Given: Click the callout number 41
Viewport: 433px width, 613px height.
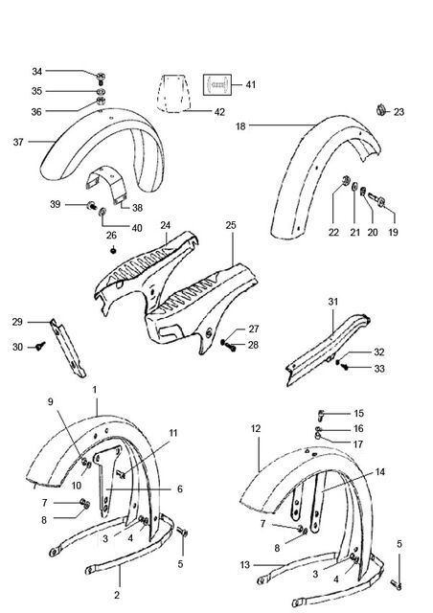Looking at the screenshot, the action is pos(251,85).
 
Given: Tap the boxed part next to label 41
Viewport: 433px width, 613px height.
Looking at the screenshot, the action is pos(217,84).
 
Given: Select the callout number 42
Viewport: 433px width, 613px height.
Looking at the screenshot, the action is pos(219,112).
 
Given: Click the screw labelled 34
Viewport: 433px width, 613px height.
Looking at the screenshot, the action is pos(101,79).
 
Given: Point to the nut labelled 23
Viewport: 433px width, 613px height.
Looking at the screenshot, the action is pos(381,110).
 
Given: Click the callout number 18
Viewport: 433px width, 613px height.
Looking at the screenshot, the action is pos(240,126).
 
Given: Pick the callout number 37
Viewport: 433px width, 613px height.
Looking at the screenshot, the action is pos(18,142).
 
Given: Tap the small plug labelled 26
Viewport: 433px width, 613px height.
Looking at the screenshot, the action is pos(113,251).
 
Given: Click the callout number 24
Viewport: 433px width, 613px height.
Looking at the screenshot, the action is pos(166,226).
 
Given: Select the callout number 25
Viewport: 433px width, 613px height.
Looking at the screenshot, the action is pos(231,225).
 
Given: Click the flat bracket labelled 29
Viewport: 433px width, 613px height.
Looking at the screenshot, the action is pos(68,349).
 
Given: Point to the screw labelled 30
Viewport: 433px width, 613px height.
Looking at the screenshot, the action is pos(40,346).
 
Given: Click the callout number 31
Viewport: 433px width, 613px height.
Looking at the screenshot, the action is pos(332,302).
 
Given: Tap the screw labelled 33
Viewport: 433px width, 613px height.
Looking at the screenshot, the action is pos(344,367).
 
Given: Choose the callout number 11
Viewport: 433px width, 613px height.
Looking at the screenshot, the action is pos(173,433).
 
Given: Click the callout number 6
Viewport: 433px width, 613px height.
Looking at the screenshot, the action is pos(180,489).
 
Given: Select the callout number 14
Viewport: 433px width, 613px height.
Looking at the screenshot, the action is pos(379,472).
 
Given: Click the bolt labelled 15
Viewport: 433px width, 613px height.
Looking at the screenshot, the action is pos(322,414).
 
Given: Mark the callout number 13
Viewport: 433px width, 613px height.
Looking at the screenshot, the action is pos(245,565).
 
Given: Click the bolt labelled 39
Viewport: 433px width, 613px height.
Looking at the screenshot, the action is pos(92,205).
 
